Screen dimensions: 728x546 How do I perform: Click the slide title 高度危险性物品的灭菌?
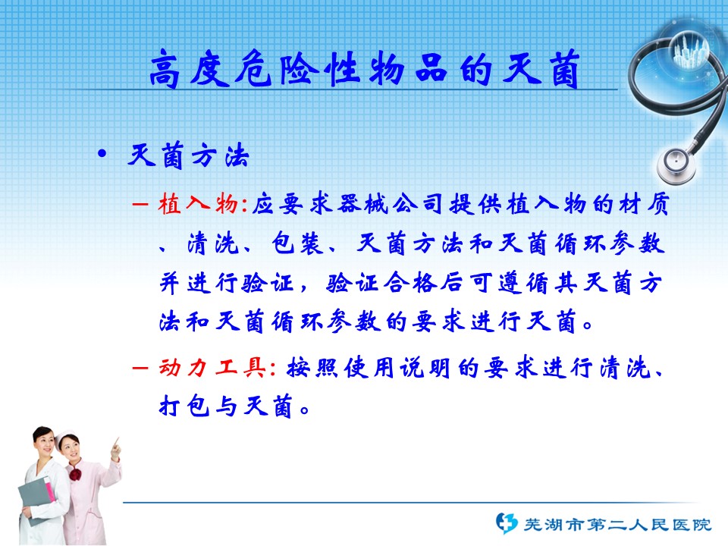point(365,69)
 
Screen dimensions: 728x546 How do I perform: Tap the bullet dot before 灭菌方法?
point(102,154)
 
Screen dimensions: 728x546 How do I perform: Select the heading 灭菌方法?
point(189,155)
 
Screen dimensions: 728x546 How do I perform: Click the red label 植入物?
point(198,203)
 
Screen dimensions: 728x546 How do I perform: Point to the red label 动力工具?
point(212,369)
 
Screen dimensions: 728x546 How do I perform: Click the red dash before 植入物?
point(140,204)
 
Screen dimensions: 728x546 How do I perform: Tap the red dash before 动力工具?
point(140,369)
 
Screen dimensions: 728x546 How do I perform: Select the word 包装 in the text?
point(297,243)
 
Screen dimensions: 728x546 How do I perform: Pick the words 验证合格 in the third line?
point(381,283)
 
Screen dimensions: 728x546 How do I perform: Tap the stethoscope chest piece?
point(676,165)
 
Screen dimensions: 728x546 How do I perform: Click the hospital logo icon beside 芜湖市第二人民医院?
point(506,523)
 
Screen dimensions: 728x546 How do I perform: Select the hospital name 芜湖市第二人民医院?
point(617,525)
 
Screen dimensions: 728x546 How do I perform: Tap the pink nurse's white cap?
point(65,437)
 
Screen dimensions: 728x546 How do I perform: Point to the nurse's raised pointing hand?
point(115,449)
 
